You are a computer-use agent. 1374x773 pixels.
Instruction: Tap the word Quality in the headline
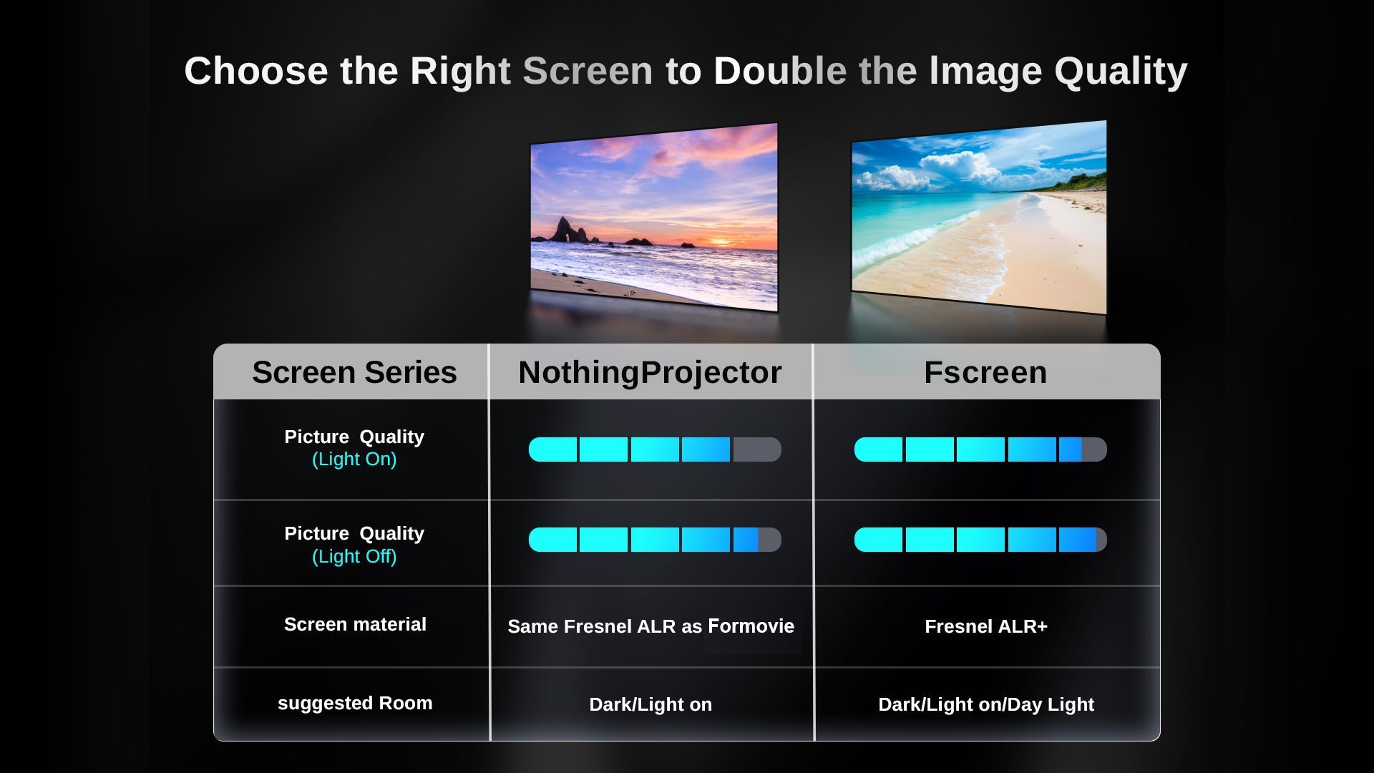[x=1121, y=72]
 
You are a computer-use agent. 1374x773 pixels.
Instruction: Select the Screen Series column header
[x=354, y=372]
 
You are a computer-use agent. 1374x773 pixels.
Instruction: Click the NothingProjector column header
[x=650, y=373]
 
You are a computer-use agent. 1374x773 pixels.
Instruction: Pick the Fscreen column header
[x=985, y=372]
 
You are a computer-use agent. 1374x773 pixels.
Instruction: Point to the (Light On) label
[x=354, y=460]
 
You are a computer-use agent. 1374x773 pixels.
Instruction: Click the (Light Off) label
[x=354, y=556]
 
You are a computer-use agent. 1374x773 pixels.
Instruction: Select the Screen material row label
[x=355, y=624]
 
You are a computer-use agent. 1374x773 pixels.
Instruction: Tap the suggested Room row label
[x=355, y=704]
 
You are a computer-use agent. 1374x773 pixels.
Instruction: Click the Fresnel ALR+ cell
[x=986, y=626]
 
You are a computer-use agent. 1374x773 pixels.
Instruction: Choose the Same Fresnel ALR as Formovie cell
[x=651, y=626]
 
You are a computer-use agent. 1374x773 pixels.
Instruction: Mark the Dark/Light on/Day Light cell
[x=986, y=704]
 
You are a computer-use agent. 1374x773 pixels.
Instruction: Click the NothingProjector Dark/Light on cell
[x=651, y=704]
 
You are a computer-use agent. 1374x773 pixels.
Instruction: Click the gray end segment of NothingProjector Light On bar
[x=757, y=449]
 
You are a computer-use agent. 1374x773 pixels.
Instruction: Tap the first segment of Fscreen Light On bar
[x=878, y=449]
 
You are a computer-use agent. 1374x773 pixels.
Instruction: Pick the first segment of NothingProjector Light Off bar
[x=552, y=540]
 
